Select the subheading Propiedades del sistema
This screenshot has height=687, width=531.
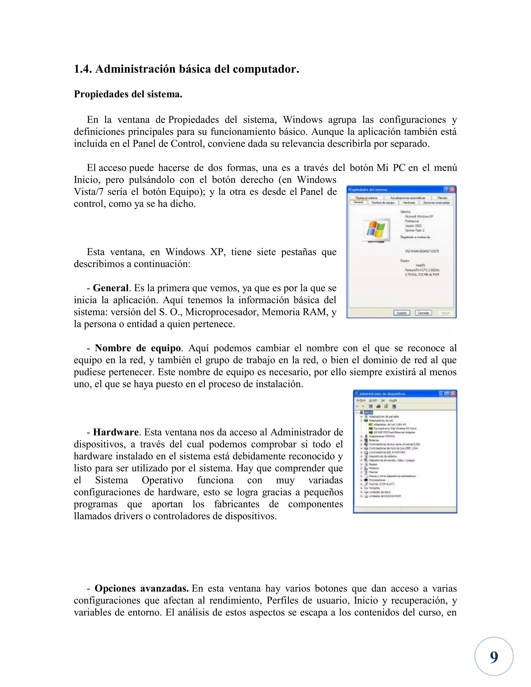point(128,94)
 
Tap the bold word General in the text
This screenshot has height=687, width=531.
point(111,288)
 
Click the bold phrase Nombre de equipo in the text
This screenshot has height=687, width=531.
point(137,348)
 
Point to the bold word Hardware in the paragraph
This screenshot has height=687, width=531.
point(115,432)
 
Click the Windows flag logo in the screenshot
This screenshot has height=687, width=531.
point(376,229)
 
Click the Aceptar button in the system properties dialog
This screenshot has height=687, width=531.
point(401,313)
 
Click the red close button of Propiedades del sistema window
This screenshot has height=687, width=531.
point(452,190)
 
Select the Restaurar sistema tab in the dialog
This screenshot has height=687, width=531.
point(366,198)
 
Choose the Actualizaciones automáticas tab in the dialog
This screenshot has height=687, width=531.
point(407,198)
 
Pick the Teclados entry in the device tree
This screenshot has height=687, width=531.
point(374,488)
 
